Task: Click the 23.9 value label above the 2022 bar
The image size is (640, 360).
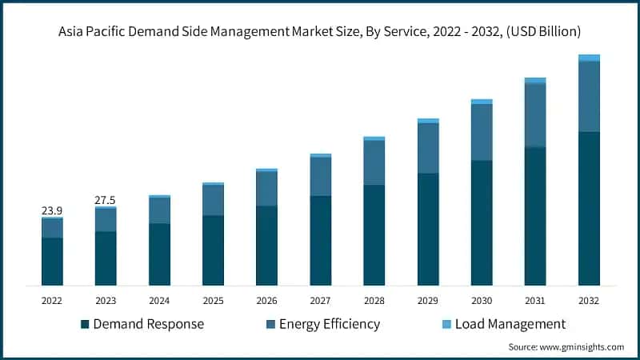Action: pyautogui.click(x=52, y=210)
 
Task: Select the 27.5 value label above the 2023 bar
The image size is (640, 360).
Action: pyautogui.click(x=106, y=199)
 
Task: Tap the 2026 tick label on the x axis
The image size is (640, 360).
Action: pyautogui.click(x=266, y=300)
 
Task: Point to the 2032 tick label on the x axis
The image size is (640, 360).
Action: pyautogui.click(x=589, y=300)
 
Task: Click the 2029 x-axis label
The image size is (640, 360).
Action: pyautogui.click(x=428, y=300)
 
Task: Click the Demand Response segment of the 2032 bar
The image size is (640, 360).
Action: pyautogui.click(x=589, y=208)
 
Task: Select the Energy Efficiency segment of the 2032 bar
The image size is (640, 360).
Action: pyautogui.click(x=589, y=96)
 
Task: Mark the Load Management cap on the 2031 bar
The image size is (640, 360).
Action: pyautogui.click(x=535, y=81)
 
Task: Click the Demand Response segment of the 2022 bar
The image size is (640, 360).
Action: pyautogui.click(x=52, y=262)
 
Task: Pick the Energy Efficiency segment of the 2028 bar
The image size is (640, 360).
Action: pyautogui.click(x=374, y=162)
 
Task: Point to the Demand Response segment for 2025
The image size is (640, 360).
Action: pyautogui.click(x=213, y=250)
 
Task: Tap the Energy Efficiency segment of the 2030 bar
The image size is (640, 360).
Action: pyautogui.click(x=482, y=132)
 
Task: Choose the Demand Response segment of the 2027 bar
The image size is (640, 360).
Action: pyautogui.click(x=320, y=240)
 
